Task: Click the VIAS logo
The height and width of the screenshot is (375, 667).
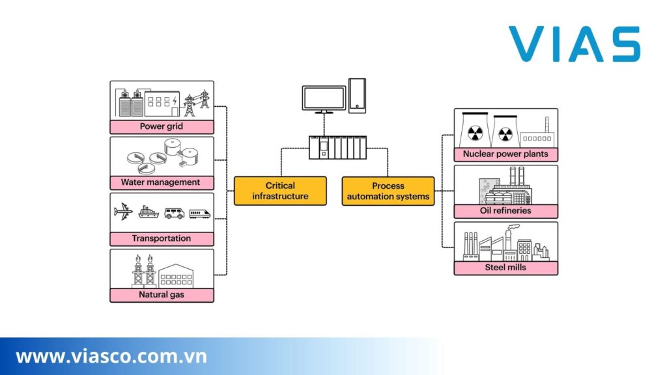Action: coord(574,44)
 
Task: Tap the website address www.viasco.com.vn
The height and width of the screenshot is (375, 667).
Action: coord(111,357)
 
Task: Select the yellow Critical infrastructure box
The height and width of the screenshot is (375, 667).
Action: coord(280,191)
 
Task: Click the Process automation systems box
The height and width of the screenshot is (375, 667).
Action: coord(388,191)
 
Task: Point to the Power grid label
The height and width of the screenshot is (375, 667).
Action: coord(162,126)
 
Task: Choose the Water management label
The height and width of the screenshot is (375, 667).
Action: coord(162,182)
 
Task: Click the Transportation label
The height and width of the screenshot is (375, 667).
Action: coord(162,238)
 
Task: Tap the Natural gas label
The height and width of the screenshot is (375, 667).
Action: coord(162,294)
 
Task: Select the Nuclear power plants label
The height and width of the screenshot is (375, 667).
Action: coord(505,154)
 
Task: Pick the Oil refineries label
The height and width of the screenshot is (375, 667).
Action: coord(505,211)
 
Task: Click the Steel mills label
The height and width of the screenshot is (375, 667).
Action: coord(505,267)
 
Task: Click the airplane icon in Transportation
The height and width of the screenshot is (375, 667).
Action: coord(123,212)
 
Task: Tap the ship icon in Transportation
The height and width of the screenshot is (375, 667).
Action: coord(148,212)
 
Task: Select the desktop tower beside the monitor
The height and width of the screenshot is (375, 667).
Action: coord(357,95)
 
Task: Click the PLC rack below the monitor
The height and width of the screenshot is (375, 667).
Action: coord(337,148)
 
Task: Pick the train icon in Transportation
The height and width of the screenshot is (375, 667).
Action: coord(200,213)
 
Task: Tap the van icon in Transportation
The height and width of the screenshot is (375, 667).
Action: coord(174,213)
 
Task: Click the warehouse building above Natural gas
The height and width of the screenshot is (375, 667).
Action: coord(176,275)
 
